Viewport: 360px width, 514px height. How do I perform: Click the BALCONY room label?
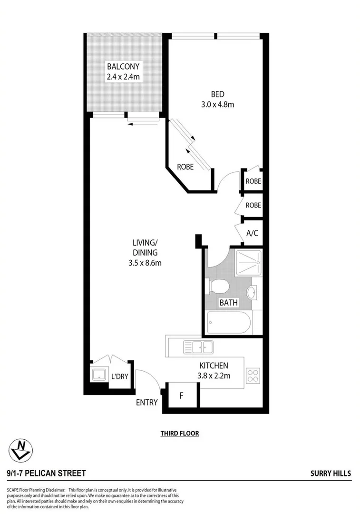click(x=123, y=66)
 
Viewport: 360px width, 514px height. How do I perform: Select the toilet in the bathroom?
click(x=218, y=287)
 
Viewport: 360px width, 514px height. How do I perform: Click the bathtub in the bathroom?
click(x=228, y=324)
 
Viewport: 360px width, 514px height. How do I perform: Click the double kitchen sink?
click(x=199, y=347)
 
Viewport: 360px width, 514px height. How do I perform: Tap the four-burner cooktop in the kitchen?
click(x=252, y=376)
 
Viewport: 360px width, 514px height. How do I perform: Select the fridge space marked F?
click(x=181, y=395)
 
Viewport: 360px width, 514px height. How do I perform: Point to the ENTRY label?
click(x=146, y=403)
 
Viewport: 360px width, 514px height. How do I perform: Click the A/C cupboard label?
click(x=252, y=233)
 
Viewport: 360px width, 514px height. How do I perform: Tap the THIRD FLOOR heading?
click(x=179, y=434)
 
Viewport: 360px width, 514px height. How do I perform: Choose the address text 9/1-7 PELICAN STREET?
click(x=47, y=473)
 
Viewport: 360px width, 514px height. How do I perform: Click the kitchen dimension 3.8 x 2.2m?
click(x=214, y=376)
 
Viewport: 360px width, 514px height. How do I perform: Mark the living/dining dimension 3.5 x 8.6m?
click(x=145, y=262)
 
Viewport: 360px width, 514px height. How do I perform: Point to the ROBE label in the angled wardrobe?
click(x=185, y=167)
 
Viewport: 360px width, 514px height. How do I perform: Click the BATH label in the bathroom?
click(x=226, y=303)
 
